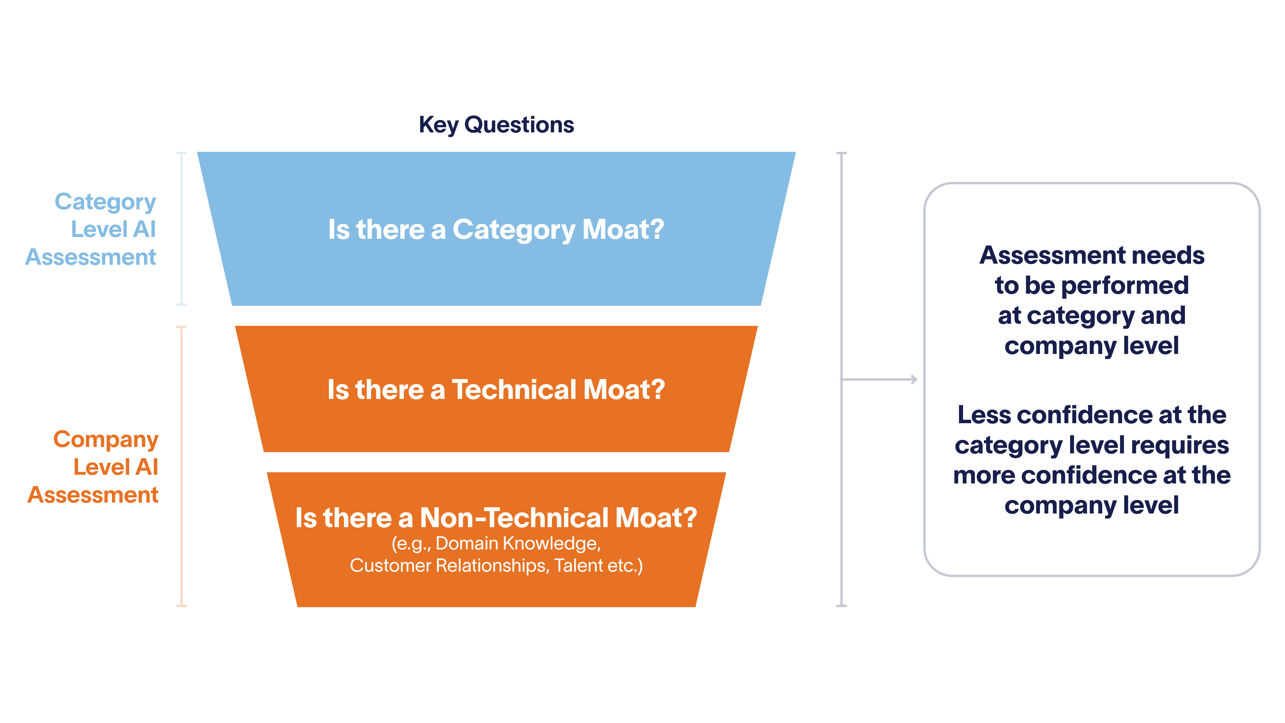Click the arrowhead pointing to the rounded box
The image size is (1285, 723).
[914, 380]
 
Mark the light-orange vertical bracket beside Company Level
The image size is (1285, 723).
[182, 467]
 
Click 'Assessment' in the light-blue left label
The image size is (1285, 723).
[91, 257]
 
